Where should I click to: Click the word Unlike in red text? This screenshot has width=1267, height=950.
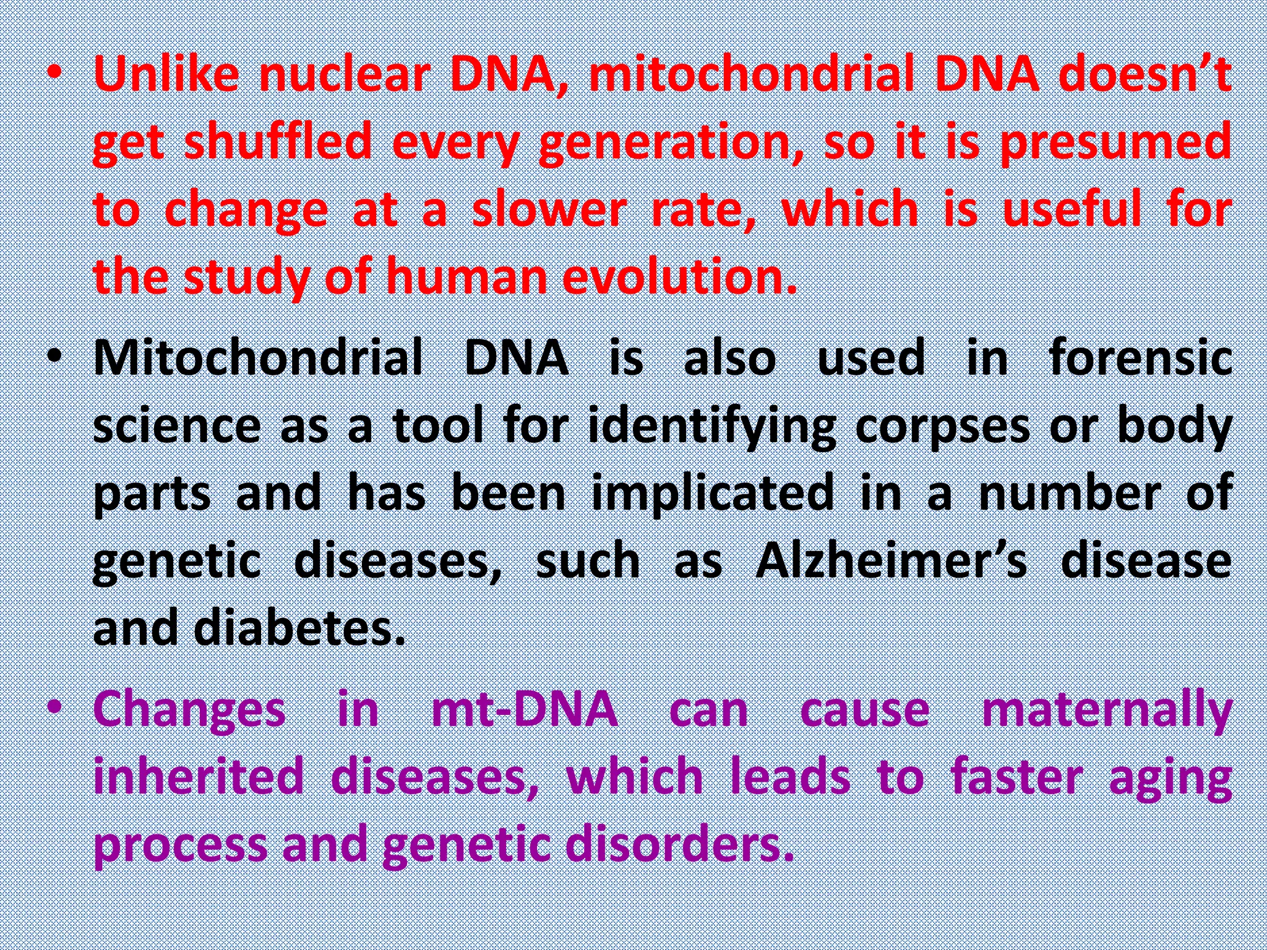click(x=166, y=74)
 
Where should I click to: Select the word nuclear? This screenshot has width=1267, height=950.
click(x=344, y=74)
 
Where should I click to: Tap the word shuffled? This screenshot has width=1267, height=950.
click(x=278, y=142)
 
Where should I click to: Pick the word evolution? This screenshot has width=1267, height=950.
click(x=679, y=276)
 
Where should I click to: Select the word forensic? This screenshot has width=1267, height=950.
click(x=1141, y=358)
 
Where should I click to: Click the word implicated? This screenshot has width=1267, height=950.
click(x=713, y=494)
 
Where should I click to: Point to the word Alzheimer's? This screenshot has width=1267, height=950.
click(x=891, y=561)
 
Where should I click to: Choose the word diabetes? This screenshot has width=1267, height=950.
click(x=299, y=628)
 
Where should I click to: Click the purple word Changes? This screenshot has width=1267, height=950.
click(x=189, y=709)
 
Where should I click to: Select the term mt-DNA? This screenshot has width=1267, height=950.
click(x=525, y=709)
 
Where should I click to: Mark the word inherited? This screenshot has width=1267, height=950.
click(x=199, y=777)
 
